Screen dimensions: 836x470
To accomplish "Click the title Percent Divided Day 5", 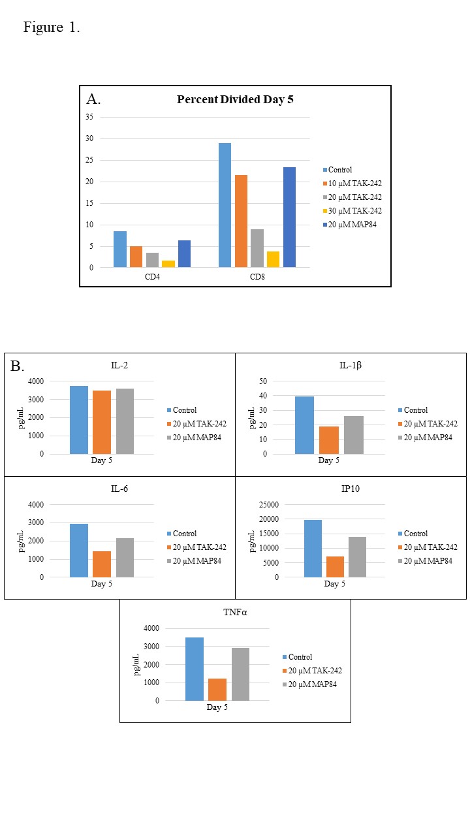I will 235,100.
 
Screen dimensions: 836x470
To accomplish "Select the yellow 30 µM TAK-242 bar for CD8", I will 273,259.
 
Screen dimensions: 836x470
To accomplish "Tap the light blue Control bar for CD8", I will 225,205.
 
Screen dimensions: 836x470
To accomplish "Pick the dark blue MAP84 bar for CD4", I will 185,254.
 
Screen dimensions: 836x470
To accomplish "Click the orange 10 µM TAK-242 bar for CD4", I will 136,257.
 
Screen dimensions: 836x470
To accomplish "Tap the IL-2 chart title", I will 119,365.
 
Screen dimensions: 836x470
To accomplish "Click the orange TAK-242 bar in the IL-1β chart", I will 329,440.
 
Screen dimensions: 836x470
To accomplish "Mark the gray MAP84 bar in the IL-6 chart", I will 125,558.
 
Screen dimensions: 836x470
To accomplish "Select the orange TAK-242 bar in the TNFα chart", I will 217,690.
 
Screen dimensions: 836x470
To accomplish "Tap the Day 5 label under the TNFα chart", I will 217,707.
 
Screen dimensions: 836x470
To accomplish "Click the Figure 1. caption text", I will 52,27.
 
